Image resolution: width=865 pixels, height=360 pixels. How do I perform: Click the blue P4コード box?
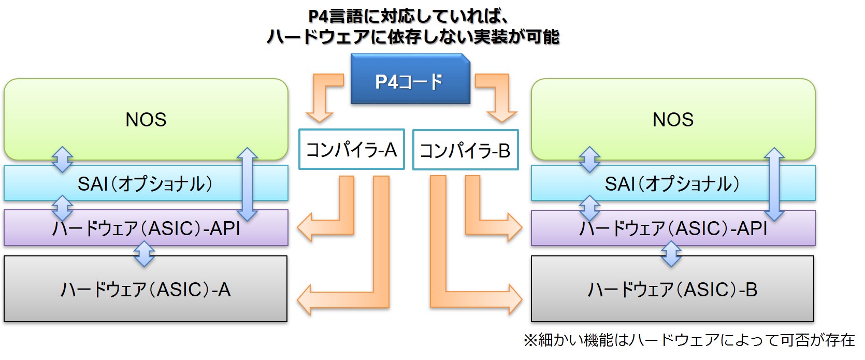[x=410, y=79]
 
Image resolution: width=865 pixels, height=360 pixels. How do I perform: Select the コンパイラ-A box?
[x=351, y=149]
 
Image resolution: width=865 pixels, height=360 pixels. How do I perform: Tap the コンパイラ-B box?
[x=465, y=150]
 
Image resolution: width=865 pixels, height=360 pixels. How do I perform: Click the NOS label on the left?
[x=146, y=120]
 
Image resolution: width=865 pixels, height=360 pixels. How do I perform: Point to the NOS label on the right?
[x=673, y=120]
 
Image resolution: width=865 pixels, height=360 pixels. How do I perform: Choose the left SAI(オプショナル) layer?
[x=146, y=183]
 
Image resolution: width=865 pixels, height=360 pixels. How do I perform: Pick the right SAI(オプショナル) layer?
[x=673, y=183]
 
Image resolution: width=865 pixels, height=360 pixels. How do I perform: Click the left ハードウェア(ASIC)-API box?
[x=146, y=228]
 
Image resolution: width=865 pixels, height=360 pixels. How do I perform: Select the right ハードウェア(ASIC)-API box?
[x=673, y=228]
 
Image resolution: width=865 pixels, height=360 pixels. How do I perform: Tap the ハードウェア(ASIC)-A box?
[x=146, y=289]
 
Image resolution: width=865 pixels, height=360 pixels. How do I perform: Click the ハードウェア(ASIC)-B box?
[x=672, y=289]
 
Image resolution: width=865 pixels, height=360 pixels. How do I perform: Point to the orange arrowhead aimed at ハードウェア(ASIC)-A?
[x=305, y=300]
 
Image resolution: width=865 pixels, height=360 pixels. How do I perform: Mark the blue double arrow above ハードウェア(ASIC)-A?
[x=145, y=254]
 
